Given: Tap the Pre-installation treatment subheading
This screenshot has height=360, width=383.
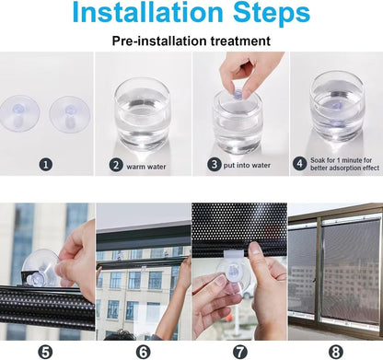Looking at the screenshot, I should (x=191, y=41).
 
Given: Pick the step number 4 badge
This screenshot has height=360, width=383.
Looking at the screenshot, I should (x=300, y=166).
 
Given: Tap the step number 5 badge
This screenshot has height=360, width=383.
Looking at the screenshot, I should (x=47, y=350).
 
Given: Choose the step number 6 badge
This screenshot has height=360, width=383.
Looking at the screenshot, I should (x=143, y=350).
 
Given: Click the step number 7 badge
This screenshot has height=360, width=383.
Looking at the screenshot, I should (x=238, y=350).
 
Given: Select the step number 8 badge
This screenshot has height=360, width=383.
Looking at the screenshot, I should (x=334, y=350).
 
